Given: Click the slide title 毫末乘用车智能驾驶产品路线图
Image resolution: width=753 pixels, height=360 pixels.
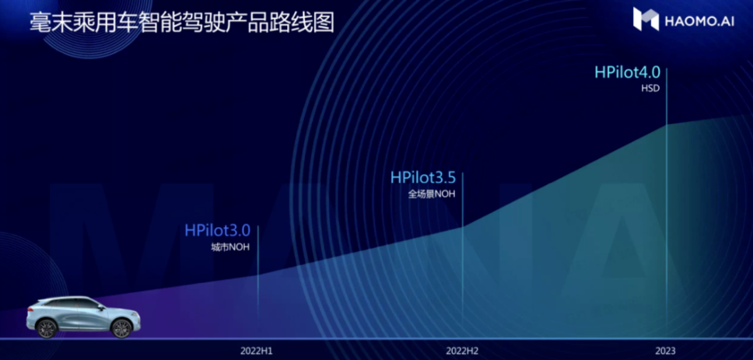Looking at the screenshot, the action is pos(181,22).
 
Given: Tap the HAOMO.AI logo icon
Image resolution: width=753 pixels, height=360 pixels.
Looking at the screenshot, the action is pos(646,19).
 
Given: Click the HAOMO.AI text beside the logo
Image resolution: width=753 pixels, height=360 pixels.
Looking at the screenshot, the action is pos(699,21).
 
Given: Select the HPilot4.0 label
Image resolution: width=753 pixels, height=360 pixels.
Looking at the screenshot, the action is pos(627,72).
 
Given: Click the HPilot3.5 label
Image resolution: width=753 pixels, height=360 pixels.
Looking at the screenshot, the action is pos(422,177).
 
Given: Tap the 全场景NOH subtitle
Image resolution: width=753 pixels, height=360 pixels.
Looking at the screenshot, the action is pos(431,194).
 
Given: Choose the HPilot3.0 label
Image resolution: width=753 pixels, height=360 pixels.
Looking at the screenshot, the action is pos(218,230).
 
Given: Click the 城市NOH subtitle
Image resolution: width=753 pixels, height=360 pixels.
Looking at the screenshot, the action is pos(230,248).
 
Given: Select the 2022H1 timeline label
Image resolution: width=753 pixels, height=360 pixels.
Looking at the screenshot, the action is pos(257,351).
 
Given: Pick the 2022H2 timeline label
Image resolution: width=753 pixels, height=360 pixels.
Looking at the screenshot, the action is pos(462,351).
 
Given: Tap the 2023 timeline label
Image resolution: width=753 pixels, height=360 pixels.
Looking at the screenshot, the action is pos(665,351).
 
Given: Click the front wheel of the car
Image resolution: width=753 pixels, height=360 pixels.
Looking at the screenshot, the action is pos(121,329).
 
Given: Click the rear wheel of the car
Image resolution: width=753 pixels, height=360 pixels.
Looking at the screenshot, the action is pos(47,329).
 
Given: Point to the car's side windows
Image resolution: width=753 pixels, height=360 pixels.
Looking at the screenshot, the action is pos(72,304).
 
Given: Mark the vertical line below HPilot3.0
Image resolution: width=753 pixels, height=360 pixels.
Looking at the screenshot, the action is pos(258,274).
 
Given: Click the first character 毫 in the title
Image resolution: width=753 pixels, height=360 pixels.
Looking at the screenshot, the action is pos(40,22).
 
